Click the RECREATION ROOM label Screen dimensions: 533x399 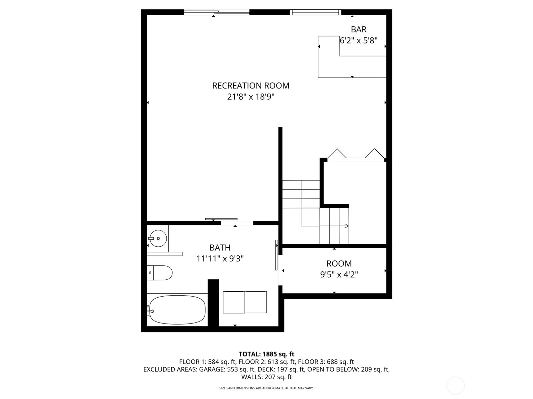click(x=251, y=86)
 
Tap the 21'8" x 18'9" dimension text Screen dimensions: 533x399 click(x=251, y=97)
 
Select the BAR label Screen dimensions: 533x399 click(x=359, y=29)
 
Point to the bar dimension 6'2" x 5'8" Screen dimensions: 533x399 click(x=359, y=41)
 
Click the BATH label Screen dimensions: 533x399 click(x=220, y=248)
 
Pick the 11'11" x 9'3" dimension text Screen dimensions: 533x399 click(x=220, y=259)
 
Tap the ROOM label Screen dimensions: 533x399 click(x=339, y=263)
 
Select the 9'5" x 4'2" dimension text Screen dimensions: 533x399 click(x=339, y=275)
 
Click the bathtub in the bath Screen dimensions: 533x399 click(x=177, y=310)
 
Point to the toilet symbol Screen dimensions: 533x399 click(x=160, y=273)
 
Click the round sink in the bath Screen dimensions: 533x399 click(x=158, y=238)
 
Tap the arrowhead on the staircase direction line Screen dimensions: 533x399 click(x=347, y=226)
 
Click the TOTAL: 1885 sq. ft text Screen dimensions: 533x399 click(x=266, y=354)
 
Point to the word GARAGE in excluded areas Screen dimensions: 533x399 click(x=212, y=369)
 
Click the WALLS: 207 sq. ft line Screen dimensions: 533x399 click(x=266, y=377)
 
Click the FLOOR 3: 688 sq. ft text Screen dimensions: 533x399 click(x=326, y=362)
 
